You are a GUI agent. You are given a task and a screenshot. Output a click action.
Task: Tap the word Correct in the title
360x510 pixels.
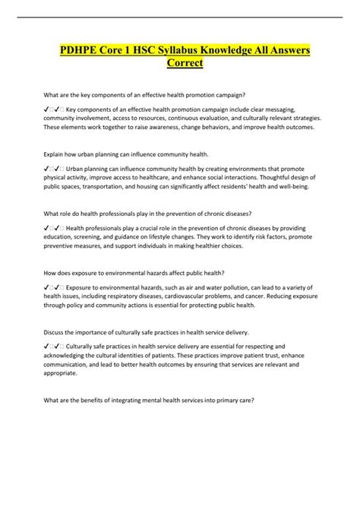[180, 65]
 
